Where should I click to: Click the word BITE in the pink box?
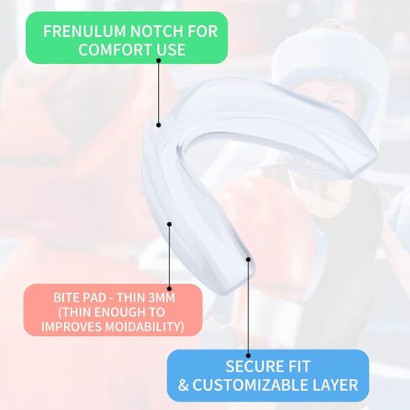[66, 297]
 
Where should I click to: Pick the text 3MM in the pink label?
[161, 297]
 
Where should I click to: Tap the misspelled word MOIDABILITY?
[145, 327]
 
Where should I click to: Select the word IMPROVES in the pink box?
[71, 327]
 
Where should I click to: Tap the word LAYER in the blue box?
[331, 385]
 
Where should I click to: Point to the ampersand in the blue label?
[183, 385]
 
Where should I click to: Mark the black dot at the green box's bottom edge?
[159, 60]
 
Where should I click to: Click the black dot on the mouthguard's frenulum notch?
[159, 125]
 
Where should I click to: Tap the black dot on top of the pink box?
[169, 288]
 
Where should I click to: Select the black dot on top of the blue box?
[248, 355]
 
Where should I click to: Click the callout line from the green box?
[159, 92]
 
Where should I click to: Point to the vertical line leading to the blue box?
[248, 307]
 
